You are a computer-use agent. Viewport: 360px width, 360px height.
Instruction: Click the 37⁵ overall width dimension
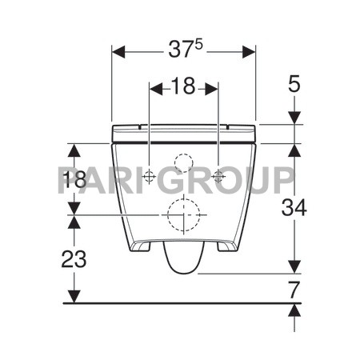tap(186, 50)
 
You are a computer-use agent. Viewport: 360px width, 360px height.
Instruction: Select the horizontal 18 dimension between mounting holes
tap(183, 86)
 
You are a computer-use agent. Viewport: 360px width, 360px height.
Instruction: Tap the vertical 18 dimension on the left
tap(74, 179)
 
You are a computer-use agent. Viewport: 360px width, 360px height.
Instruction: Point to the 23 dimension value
tap(74, 259)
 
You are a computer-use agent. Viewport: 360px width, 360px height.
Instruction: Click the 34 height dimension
tap(294, 207)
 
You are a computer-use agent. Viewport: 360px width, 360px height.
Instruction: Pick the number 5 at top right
tap(294, 83)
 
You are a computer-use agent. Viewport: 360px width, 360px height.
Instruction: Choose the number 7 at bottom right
tap(294, 290)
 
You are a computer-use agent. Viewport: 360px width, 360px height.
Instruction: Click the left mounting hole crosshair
tap(149, 176)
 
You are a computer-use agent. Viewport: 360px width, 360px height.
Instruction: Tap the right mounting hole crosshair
tap(218, 176)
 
